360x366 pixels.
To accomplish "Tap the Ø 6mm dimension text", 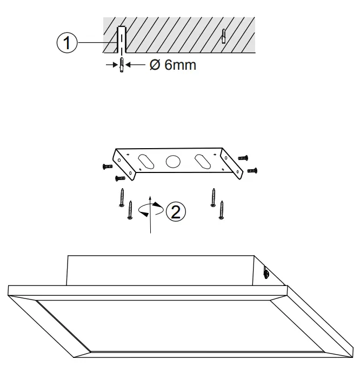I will (x=172, y=66).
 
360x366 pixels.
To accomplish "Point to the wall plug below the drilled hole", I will (x=122, y=66).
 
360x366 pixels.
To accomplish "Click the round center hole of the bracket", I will (x=172, y=161).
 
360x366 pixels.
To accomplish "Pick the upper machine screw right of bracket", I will (x=243, y=157).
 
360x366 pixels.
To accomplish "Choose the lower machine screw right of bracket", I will (x=251, y=170).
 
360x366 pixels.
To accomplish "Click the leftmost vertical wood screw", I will (x=122, y=198).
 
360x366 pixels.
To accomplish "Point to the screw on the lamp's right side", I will (x=266, y=274).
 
